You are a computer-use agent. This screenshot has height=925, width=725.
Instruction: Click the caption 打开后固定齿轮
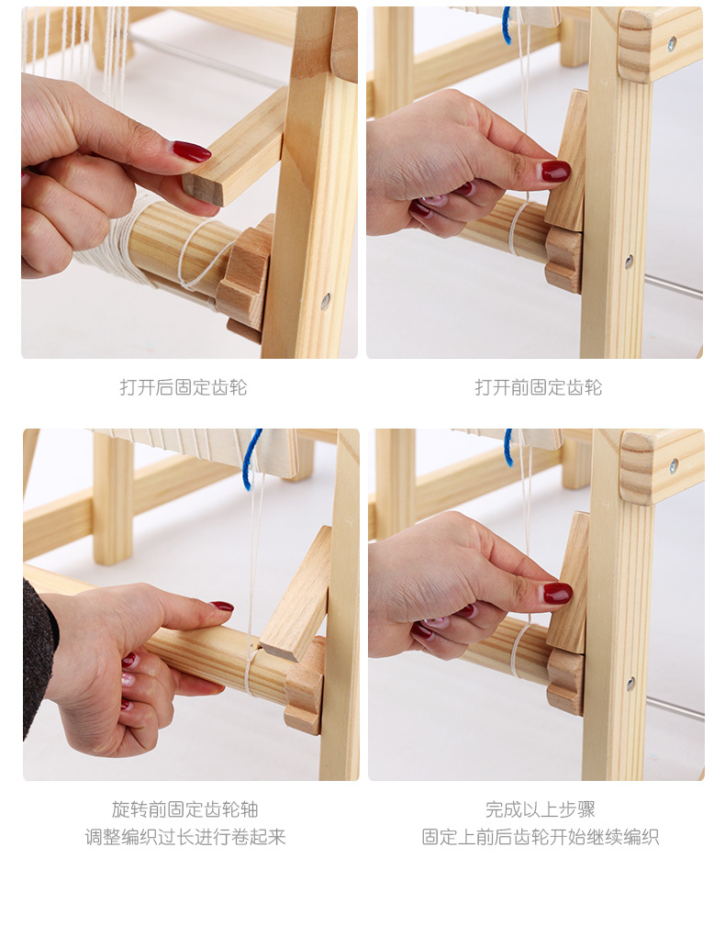184,387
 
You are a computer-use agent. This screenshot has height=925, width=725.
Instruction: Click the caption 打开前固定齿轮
539,387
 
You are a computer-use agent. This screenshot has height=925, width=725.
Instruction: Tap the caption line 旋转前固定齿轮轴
185,809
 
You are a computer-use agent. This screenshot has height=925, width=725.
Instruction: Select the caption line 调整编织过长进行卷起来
185,837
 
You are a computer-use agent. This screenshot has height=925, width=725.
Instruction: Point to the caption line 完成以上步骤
541,809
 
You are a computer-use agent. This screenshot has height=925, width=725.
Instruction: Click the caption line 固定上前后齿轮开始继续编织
541,837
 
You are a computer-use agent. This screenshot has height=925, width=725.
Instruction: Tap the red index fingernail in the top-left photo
192,151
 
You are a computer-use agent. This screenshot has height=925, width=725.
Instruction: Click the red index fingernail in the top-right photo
556,171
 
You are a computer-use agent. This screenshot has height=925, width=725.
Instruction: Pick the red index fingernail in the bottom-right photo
557,593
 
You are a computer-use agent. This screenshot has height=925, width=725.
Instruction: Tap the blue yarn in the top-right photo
507,26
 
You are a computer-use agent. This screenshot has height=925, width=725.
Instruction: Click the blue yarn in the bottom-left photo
252,459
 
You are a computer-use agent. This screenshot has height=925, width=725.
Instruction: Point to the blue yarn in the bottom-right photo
507,447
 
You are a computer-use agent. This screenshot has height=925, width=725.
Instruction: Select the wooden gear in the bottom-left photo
305,685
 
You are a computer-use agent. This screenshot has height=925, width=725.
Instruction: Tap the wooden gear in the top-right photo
563,261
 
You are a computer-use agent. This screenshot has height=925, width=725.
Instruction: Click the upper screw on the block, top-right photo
672,42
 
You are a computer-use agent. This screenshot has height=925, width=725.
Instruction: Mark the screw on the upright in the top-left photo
325,302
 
